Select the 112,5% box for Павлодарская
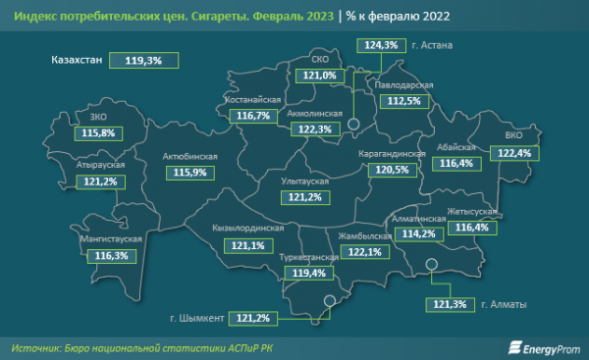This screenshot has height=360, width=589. [x=403, y=100]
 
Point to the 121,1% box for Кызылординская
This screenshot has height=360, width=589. [x=246, y=244]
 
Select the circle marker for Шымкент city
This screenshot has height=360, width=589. [x=331, y=302]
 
